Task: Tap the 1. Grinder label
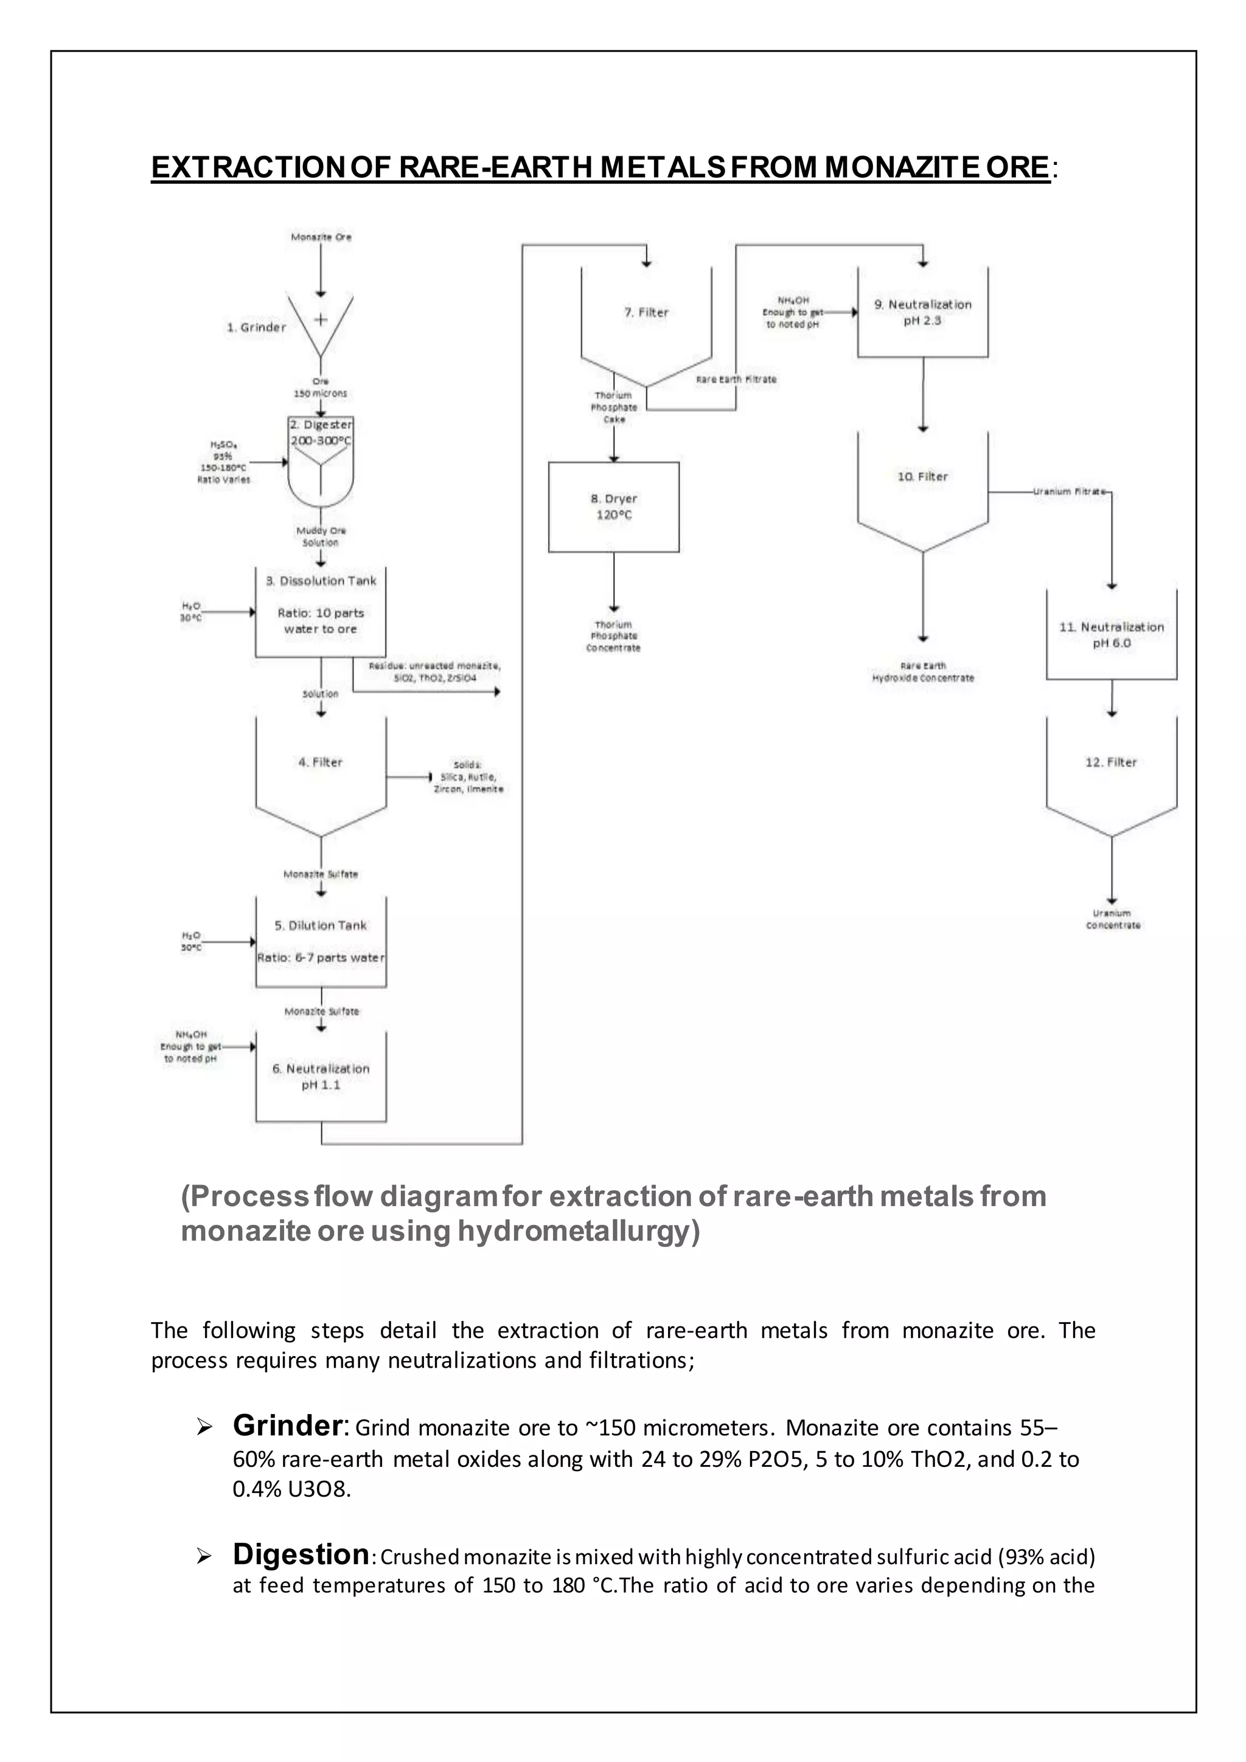(256, 328)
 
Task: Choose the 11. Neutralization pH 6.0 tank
(1111, 635)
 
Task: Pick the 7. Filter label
(646, 312)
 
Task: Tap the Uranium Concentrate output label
(1113, 919)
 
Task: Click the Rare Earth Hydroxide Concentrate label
(923, 672)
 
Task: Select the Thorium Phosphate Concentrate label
(613, 636)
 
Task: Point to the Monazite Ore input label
(321, 237)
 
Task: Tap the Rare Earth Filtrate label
(736, 380)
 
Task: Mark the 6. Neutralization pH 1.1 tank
(321, 1077)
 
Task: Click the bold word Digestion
(301, 1555)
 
